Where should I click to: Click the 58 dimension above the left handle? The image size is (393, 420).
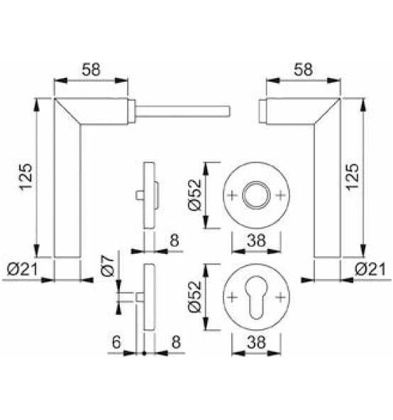coord(91,70)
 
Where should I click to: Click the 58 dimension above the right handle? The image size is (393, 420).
coord(303,70)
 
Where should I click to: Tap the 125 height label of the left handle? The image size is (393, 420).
coord(26,177)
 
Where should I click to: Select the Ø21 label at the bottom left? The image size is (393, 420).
coord(23,269)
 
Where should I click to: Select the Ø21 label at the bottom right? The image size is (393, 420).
coord(370,269)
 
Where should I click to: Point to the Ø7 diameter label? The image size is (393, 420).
coord(107,265)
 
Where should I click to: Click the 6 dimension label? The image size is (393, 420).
coord(116,342)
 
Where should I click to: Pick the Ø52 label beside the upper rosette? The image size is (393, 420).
coord(194,194)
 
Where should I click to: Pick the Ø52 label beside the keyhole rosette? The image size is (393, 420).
coord(194,297)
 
